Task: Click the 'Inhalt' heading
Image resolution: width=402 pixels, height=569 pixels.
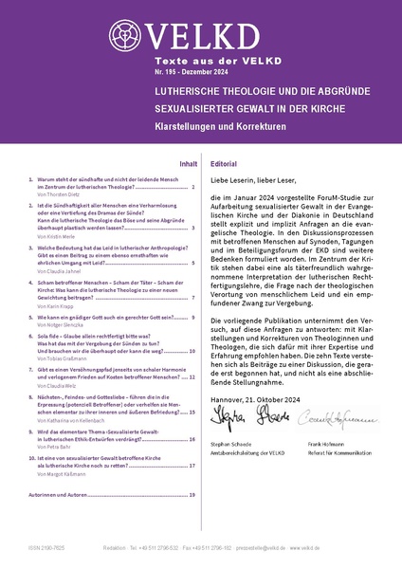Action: (188, 163)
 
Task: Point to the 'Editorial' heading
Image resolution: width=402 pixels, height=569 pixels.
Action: (224, 163)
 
